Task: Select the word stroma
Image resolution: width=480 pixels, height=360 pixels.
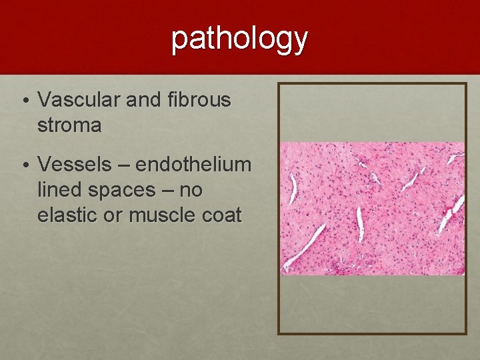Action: coord(69,125)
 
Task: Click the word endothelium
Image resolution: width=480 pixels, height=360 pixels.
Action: coord(193,164)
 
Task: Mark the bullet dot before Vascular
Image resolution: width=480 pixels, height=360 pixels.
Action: coord(24,101)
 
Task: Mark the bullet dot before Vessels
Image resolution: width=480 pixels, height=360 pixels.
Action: coord(24,165)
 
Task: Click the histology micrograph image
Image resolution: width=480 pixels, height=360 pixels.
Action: coord(372,208)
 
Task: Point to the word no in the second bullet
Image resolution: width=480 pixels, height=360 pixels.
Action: coord(191,191)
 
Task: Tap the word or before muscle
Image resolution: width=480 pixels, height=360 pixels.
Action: coord(115,216)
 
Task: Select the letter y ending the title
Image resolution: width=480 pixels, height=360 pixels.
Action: coord(300,41)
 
